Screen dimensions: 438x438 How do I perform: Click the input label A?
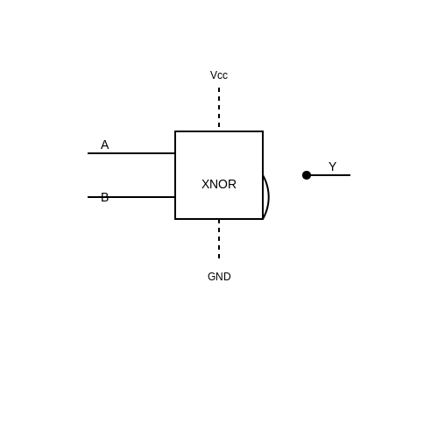tap(104, 145)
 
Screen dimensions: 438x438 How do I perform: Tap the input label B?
tap(104, 197)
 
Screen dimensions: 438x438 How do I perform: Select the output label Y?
tap(332, 166)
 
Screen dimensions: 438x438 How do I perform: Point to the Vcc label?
tap(219, 75)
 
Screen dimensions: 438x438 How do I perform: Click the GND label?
tap(219, 277)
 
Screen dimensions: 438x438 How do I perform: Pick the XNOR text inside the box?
tap(219, 184)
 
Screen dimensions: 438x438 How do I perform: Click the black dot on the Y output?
tap(307, 175)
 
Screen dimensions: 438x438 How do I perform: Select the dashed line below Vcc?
tap(219, 108)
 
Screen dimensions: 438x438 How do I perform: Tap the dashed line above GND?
tap(219, 239)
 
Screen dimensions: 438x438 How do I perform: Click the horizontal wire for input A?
tap(131, 153)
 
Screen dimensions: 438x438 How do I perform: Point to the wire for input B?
tap(131, 197)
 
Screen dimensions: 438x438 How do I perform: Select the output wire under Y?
tap(330, 175)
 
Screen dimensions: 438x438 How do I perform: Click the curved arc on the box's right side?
tap(268, 197)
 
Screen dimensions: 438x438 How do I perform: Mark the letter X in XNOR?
tap(205, 184)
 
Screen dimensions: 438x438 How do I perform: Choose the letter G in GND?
tap(211, 277)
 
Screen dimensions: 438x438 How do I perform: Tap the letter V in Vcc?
tap(214, 75)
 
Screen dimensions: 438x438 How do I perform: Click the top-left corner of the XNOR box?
tap(175, 131)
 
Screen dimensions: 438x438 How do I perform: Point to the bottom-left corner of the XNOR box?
tap(175, 219)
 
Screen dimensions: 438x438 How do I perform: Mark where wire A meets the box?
tap(175, 153)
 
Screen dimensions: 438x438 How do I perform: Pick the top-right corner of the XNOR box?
tap(263, 131)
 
